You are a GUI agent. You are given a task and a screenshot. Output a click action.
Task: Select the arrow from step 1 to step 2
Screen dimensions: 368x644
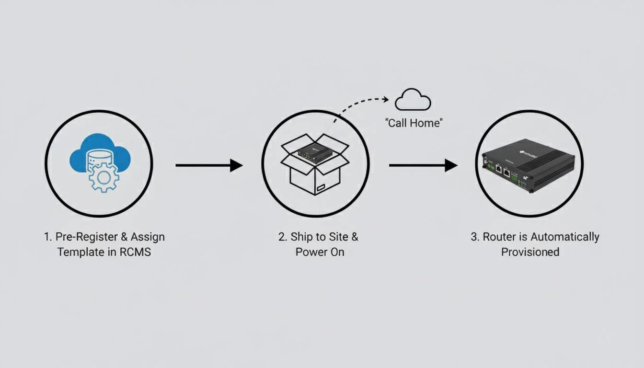(x=209, y=165)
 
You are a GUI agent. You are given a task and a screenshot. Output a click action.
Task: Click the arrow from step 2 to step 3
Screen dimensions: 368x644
(x=423, y=165)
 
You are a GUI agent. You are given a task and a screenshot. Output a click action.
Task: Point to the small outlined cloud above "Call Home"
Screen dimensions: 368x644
(x=413, y=100)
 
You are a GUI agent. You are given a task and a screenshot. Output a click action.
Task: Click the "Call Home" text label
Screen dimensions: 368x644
(x=414, y=123)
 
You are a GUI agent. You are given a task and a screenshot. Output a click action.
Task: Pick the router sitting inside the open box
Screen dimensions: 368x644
(x=315, y=153)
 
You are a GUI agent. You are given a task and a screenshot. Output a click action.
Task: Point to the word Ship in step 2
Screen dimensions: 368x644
(x=301, y=237)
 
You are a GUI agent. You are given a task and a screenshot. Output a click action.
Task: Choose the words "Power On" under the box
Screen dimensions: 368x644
(x=320, y=252)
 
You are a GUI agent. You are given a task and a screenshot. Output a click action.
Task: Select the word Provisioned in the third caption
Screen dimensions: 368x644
(x=530, y=252)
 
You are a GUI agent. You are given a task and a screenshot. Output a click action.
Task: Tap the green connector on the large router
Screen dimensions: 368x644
(x=515, y=178)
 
